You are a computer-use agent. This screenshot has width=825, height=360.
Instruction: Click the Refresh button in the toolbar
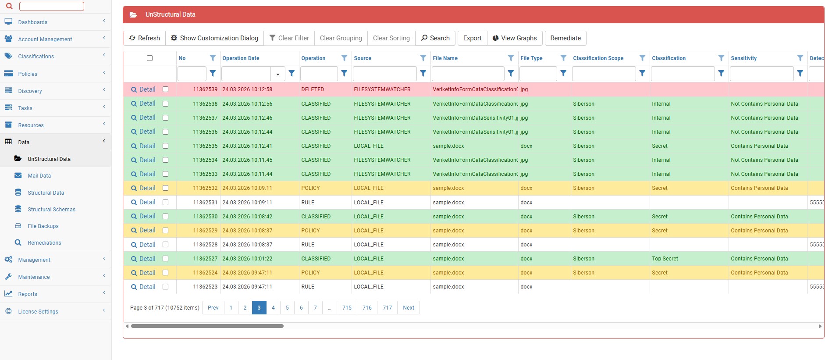pyautogui.click(x=145, y=38)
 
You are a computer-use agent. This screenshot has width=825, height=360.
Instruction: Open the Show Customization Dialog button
pyautogui.click(x=215, y=38)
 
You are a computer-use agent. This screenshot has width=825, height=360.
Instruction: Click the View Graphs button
pyautogui.click(x=515, y=38)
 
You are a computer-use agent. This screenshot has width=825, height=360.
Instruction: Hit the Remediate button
pyautogui.click(x=565, y=38)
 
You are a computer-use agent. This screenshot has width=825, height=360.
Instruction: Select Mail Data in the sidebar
pyautogui.click(x=39, y=176)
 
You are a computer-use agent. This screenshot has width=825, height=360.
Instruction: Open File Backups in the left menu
pyautogui.click(x=43, y=226)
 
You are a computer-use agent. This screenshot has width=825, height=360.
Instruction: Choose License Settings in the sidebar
pyautogui.click(x=38, y=312)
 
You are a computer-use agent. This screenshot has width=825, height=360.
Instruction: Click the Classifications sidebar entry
pyautogui.click(x=36, y=57)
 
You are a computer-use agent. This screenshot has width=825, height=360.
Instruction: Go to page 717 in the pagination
pyautogui.click(x=388, y=308)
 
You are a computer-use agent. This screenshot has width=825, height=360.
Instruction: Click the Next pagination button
pyautogui.click(x=409, y=308)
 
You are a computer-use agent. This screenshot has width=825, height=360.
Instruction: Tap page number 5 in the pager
pyautogui.click(x=287, y=308)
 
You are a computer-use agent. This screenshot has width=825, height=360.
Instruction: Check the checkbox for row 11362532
pyautogui.click(x=166, y=188)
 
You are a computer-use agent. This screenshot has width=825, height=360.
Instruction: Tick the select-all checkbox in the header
pyautogui.click(x=150, y=58)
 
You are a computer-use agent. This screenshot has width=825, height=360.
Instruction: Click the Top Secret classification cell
pyautogui.click(x=665, y=259)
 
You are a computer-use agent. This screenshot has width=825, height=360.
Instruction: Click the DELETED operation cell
pyautogui.click(x=313, y=89)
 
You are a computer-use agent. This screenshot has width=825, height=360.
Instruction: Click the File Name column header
pyautogui.click(x=445, y=58)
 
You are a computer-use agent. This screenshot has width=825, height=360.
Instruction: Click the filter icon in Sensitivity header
pyautogui.click(x=800, y=58)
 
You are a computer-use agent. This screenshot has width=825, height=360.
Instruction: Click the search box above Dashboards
pyautogui.click(x=52, y=6)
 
